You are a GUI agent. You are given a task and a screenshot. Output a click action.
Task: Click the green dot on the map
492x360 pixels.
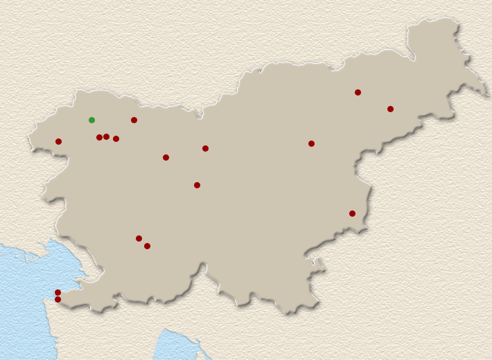pos(91,120)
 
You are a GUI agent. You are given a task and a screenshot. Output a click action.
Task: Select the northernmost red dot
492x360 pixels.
pos(358,92)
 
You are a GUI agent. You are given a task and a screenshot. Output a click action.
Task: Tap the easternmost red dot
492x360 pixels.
pos(390,109)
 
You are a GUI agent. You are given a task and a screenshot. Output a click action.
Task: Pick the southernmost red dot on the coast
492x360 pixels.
pos(58,299)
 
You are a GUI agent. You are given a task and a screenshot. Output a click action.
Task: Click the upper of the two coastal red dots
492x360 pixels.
pos(58,292)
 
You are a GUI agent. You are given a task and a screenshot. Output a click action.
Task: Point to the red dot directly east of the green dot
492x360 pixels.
pos(134,120)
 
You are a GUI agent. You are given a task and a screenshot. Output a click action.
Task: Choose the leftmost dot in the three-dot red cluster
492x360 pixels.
pos(99,137)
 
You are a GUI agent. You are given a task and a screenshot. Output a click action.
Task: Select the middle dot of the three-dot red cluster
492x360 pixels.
pos(106,136)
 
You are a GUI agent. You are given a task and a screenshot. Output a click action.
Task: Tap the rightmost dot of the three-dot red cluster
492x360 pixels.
pos(116,138)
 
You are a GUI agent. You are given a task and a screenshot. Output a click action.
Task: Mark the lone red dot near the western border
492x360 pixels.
pos(58,141)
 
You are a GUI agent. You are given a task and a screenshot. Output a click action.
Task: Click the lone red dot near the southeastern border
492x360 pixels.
pos(352,213)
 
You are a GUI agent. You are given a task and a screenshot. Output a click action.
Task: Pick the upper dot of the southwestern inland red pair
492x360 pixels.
pos(139,238)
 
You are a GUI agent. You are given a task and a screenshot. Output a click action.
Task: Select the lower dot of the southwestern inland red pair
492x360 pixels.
pos(147,246)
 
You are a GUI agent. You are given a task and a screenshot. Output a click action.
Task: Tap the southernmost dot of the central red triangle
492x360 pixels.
pos(197,185)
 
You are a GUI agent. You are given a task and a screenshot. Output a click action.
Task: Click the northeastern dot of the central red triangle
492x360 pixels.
pos(205,148)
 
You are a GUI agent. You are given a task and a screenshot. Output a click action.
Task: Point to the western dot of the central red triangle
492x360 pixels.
pos(166,157)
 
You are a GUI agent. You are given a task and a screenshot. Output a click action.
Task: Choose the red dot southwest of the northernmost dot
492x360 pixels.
pos(311,143)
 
